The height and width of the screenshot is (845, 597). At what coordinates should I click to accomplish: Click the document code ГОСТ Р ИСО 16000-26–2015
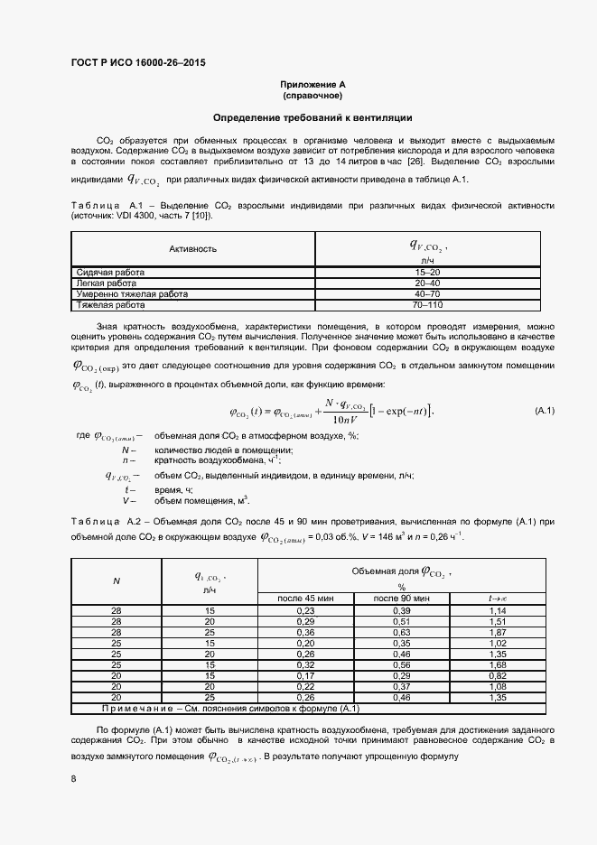point(137,62)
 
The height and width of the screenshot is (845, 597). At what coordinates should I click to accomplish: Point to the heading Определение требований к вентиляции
point(312,117)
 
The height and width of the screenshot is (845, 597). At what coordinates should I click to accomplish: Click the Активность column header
point(193,248)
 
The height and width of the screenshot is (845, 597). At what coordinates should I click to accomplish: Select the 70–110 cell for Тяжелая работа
point(427,305)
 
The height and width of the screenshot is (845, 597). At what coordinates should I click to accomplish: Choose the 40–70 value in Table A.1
point(427,294)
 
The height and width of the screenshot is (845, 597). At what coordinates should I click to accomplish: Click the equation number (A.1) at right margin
point(545,411)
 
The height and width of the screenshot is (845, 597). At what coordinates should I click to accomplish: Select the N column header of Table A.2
point(116,581)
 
